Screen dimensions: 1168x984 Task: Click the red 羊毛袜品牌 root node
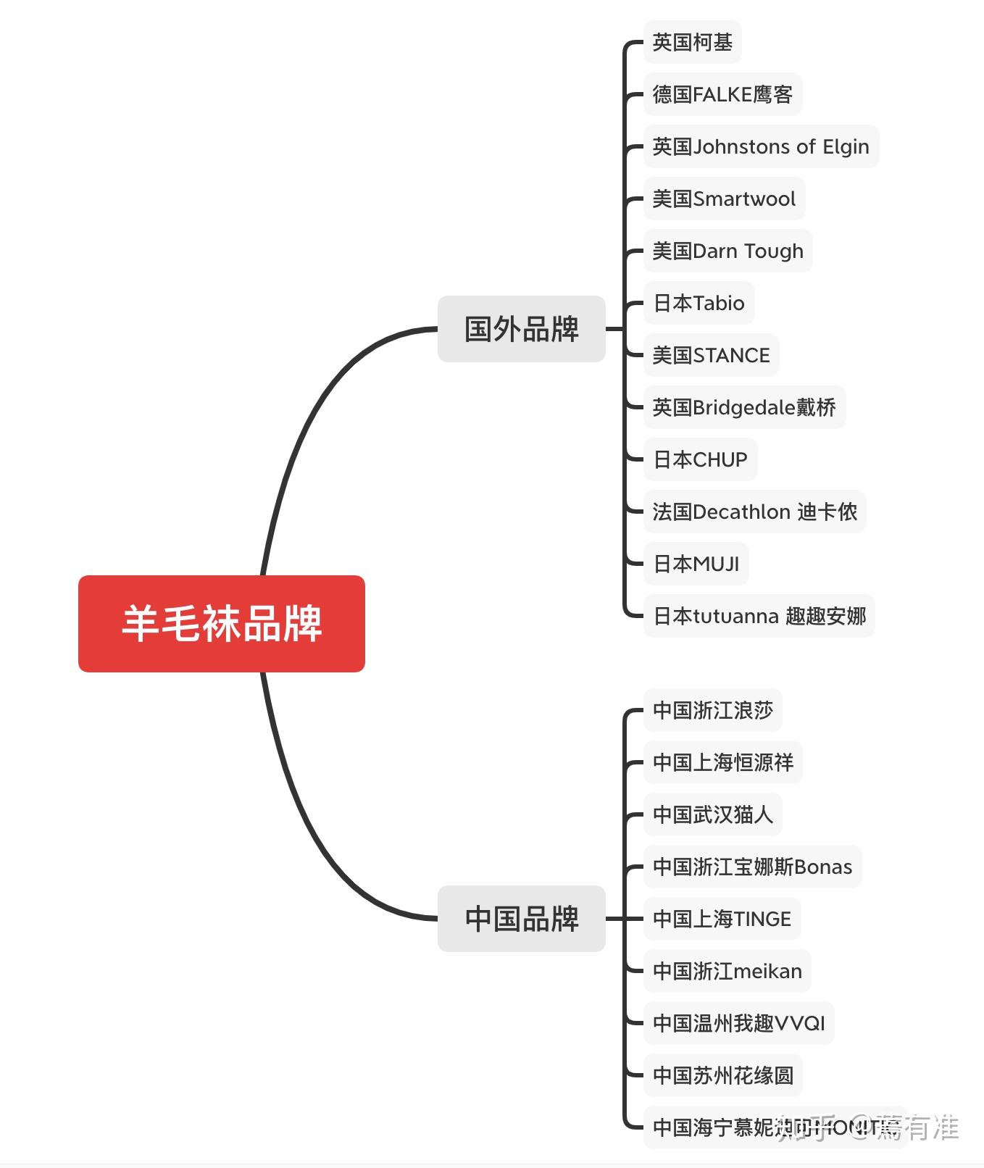click(x=221, y=623)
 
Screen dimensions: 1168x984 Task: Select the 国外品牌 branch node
click(x=521, y=329)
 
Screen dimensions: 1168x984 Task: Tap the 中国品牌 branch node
click(x=521, y=919)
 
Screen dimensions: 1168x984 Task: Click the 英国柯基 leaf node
click(x=692, y=43)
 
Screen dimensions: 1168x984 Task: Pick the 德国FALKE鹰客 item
click(x=722, y=95)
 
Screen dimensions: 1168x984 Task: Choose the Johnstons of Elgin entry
click(x=760, y=147)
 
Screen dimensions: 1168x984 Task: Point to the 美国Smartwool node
click(x=724, y=199)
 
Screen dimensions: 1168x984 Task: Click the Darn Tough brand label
click(x=727, y=251)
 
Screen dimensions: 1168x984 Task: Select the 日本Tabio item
click(x=699, y=304)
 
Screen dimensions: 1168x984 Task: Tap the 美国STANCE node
click(x=711, y=356)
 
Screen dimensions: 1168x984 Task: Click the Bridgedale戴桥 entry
click(x=744, y=408)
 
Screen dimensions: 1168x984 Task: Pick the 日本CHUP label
click(x=700, y=460)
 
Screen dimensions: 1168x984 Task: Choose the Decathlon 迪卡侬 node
click(x=754, y=512)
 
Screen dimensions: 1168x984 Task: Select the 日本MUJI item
click(x=696, y=564)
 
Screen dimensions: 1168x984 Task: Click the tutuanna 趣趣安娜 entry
click(x=759, y=617)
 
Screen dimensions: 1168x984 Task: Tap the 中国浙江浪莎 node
click(x=712, y=711)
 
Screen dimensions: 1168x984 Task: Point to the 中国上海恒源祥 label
click(x=722, y=763)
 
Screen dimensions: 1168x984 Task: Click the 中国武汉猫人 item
click(x=712, y=815)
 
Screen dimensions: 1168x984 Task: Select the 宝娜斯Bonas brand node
click(x=752, y=867)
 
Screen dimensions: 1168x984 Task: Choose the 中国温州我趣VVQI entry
click(x=738, y=1024)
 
